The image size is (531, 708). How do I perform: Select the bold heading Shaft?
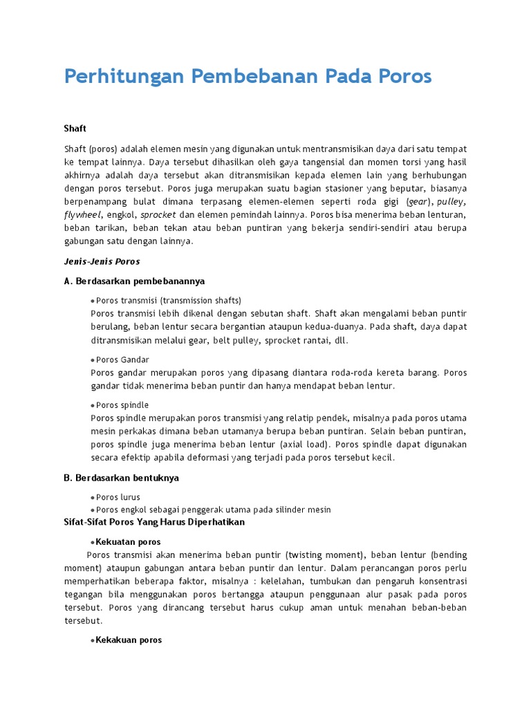75,129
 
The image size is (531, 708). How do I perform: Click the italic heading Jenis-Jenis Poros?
102,261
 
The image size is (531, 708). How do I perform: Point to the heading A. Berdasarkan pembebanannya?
134,281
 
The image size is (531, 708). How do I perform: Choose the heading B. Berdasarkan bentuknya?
121,478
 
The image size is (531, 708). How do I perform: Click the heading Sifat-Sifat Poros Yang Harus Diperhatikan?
154,522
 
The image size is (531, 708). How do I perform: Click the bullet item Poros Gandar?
122,360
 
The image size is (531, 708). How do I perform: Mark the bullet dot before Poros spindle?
93,405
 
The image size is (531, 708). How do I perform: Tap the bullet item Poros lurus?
118,497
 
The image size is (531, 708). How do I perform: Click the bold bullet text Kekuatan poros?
129,542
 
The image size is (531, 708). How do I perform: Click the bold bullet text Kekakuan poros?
129,640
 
